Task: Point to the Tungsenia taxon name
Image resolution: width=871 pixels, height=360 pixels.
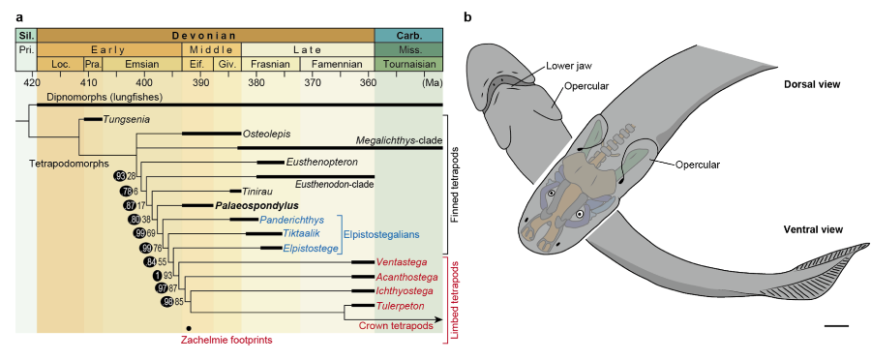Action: [x=130, y=119]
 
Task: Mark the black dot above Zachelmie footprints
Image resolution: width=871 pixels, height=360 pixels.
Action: [x=201, y=327]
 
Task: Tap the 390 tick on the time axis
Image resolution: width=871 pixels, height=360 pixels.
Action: [x=202, y=84]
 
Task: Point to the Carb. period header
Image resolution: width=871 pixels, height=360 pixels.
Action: [x=408, y=34]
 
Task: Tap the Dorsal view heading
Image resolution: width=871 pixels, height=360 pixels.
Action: [x=810, y=84]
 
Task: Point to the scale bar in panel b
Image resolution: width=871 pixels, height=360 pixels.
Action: [x=835, y=326]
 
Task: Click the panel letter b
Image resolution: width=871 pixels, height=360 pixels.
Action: [x=469, y=17]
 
